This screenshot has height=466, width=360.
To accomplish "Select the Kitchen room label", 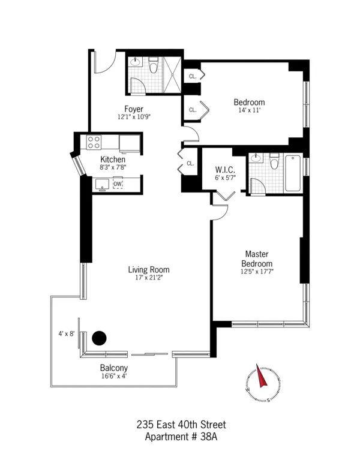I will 113,160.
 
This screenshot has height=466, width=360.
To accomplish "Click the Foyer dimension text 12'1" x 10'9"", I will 133,117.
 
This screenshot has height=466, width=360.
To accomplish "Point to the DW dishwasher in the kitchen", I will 118,184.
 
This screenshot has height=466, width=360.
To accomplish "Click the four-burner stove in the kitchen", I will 94,142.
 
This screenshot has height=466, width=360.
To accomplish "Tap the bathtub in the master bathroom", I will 293,173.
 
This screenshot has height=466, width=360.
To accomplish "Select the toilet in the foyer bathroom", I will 154,66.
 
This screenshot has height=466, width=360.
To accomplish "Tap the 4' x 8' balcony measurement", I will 65,333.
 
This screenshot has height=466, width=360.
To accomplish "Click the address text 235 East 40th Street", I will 180,425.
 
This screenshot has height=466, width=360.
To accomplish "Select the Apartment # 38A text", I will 180,437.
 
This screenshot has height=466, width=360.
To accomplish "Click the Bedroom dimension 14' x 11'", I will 248,111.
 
